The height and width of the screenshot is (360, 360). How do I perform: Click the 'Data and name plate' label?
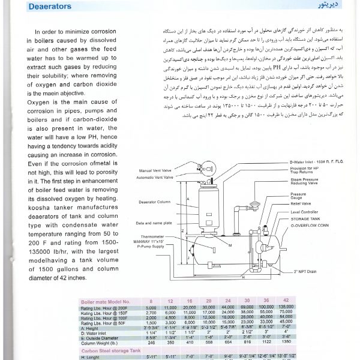[155, 223]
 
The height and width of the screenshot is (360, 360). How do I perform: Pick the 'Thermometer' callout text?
[157, 236]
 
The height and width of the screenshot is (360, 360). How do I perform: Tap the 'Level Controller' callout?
[305, 212]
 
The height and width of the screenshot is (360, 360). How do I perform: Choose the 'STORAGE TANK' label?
[304, 219]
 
